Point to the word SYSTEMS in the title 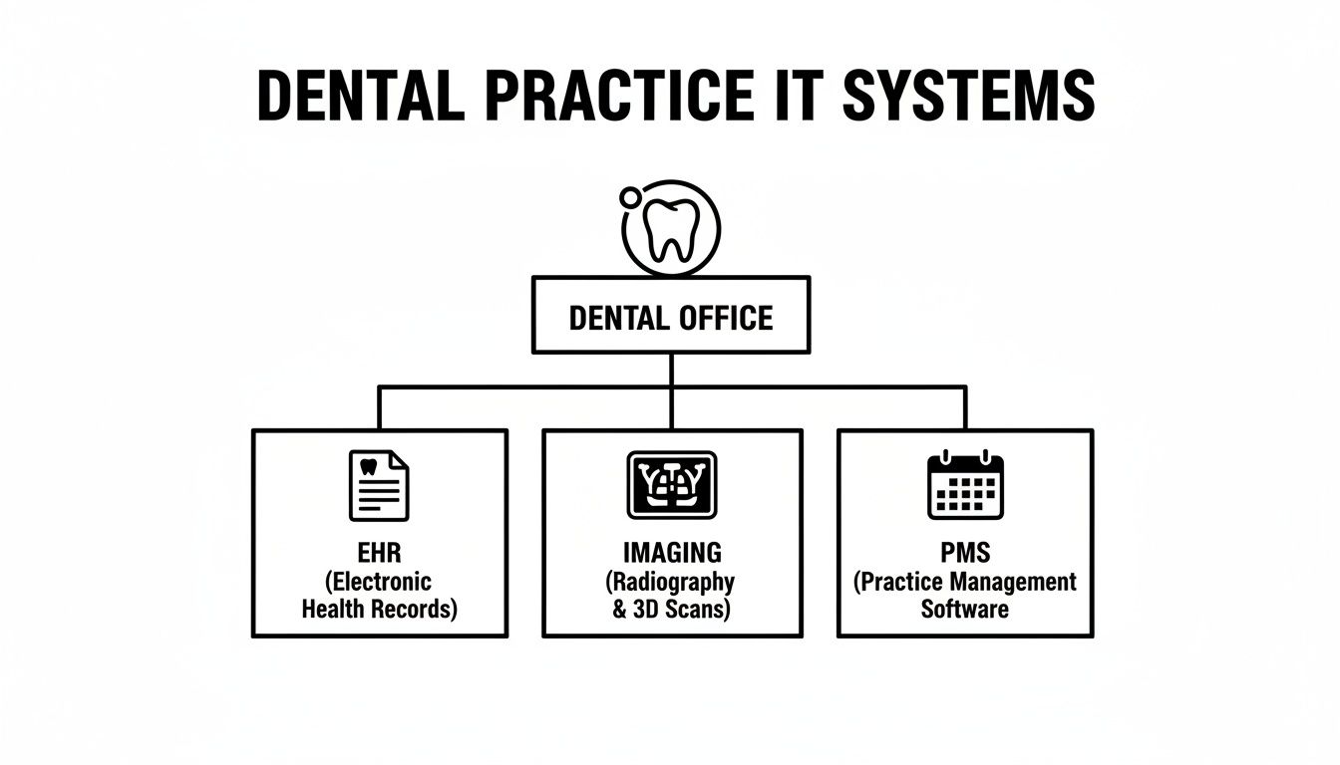968,97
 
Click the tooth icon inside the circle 671,230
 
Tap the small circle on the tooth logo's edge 630,197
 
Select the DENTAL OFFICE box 670,316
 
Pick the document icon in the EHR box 379,485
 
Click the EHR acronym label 379,552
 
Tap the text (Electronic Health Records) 379,595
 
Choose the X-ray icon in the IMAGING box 671,485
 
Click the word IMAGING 671,552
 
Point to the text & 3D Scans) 671,610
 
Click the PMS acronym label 965,552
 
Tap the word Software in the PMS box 965,609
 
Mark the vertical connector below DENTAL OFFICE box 671,370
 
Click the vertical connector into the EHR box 379,408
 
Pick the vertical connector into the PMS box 965,408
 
